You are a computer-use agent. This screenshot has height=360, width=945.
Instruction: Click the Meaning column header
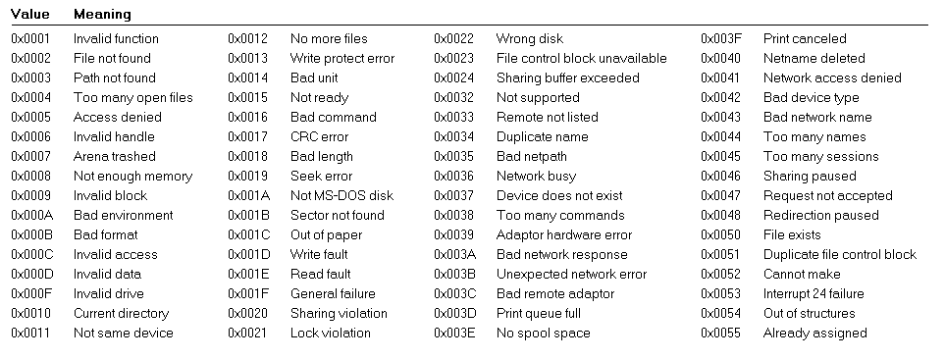click(102, 15)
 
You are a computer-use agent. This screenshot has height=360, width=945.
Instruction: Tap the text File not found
click(112, 59)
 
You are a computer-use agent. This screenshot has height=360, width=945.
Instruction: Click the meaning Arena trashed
click(114, 157)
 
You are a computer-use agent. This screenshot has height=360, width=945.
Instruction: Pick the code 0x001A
click(248, 196)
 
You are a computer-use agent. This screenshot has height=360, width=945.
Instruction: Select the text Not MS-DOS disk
click(341, 196)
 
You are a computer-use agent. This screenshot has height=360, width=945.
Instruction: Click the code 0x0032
click(454, 98)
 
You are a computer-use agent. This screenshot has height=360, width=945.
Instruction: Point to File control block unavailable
click(581, 59)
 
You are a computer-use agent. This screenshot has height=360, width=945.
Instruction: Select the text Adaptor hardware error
click(564, 235)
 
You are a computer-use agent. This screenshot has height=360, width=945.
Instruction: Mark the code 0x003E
click(454, 334)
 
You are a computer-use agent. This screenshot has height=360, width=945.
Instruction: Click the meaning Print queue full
click(539, 314)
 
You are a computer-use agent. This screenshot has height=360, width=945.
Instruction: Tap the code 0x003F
click(721, 39)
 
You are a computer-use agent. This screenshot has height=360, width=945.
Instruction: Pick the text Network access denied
click(832, 78)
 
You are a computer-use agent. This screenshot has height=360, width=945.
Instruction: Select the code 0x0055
click(721, 334)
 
